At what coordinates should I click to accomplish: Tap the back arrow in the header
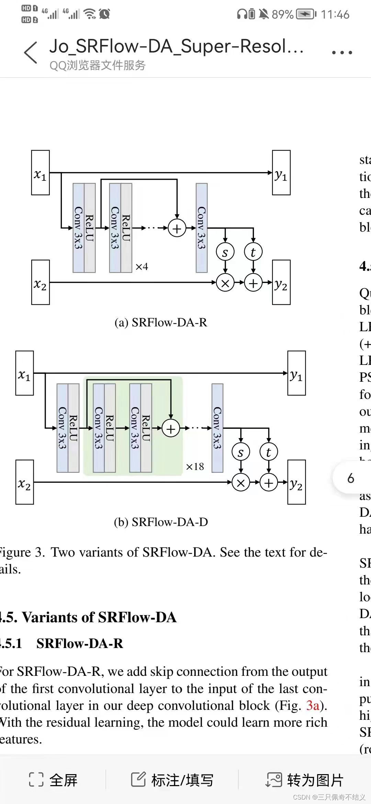click(31, 53)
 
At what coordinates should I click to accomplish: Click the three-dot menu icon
click(342, 53)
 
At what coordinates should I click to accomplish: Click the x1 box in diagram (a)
click(41, 173)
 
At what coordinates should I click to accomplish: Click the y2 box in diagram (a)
click(281, 282)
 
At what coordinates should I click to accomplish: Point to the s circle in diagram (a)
click(225, 252)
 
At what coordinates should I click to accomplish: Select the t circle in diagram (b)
click(269, 452)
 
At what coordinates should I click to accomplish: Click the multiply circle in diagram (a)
click(225, 283)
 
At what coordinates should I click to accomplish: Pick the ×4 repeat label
click(142, 267)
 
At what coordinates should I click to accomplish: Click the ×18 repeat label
click(195, 467)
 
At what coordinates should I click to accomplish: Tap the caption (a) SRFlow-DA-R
click(161, 323)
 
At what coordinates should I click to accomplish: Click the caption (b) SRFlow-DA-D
click(161, 522)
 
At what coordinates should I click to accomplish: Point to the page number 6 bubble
click(351, 478)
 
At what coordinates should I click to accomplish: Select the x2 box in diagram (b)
click(25, 482)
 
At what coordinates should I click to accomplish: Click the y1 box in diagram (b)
click(296, 373)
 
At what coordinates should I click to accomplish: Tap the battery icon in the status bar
click(306, 14)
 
